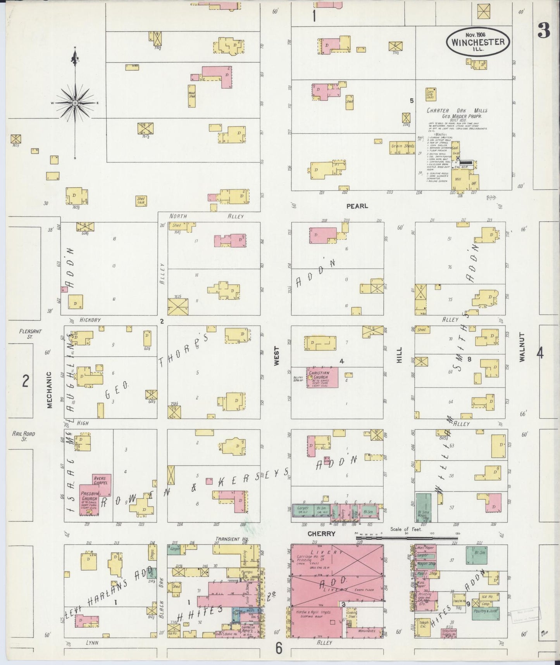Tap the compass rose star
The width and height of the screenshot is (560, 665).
coord(74,103)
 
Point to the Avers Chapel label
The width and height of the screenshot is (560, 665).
coord(100,480)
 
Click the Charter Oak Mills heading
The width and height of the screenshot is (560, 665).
coord(457,111)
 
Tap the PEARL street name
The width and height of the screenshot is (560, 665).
coord(357,206)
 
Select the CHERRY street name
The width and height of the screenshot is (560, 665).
coord(321,533)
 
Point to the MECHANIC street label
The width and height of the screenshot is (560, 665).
coord(49,390)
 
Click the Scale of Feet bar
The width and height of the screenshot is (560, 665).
coord(407,538)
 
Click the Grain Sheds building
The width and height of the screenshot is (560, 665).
coord(402,147)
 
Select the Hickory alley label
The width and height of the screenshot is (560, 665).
coord(90,320)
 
